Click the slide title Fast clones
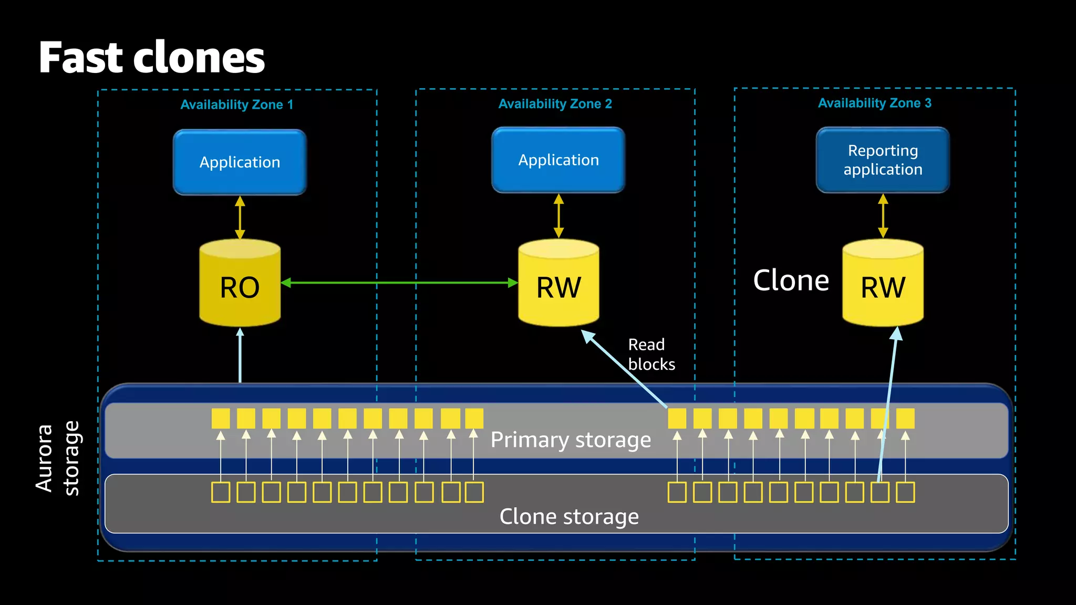tap(151, 58)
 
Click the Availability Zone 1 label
tap(236, 105)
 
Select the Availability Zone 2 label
tap(555, 103)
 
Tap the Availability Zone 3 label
tap(874, 103)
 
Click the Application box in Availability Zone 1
tap(240, 162)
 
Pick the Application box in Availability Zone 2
tap(558, 160)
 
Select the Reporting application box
tap(882, 160)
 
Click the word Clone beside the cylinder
tap(791, 280)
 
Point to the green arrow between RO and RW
tap(399, 283)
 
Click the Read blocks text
tap(650, 354)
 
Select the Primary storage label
tap(570, 440)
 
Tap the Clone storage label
tap(569, 517)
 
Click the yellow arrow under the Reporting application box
tap(883, 216)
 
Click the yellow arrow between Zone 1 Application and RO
tap(240, 217)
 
